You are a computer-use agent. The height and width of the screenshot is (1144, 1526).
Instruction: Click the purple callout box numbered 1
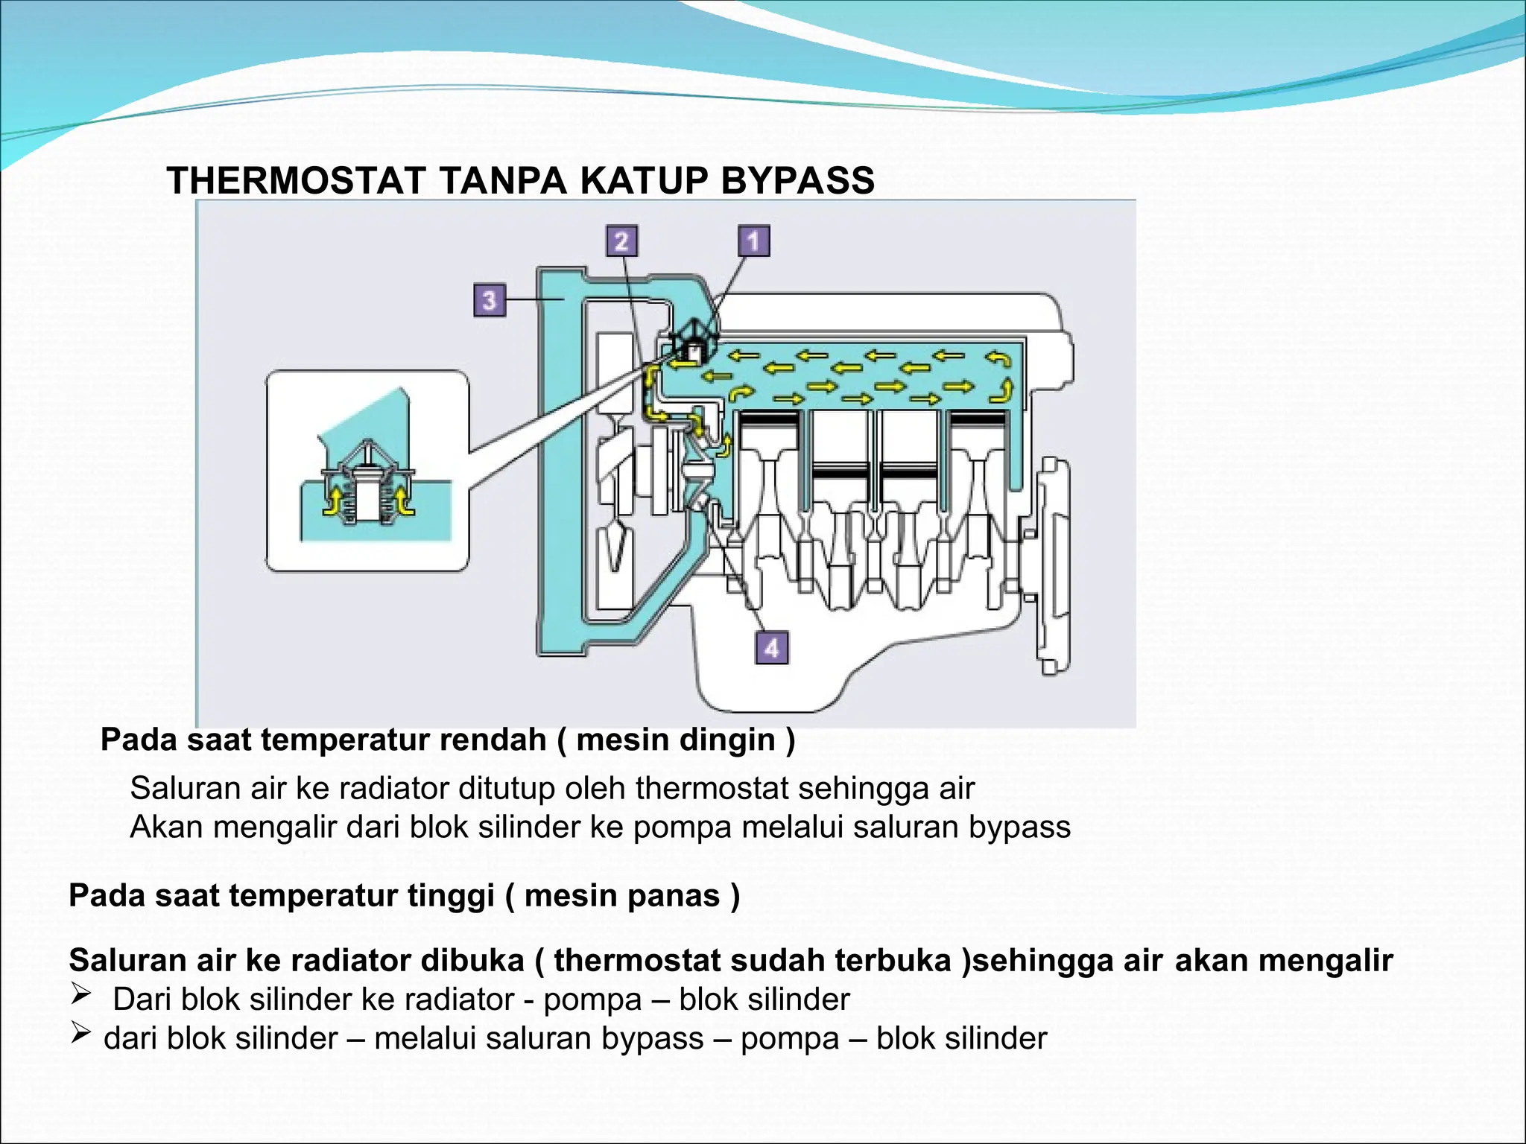(x=753, y=241)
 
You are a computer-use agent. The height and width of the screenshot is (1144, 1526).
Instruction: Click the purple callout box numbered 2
(x=621, y=241)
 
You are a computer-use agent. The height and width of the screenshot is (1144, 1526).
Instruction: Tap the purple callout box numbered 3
(x=490, y=300)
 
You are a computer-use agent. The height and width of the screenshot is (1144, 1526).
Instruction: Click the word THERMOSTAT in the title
(x=296, y=181)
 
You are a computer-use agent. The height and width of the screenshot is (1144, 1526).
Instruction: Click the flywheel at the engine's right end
(x=1053, y=566)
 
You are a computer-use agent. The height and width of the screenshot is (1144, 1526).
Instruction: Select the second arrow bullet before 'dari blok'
(x=80, y=1032)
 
